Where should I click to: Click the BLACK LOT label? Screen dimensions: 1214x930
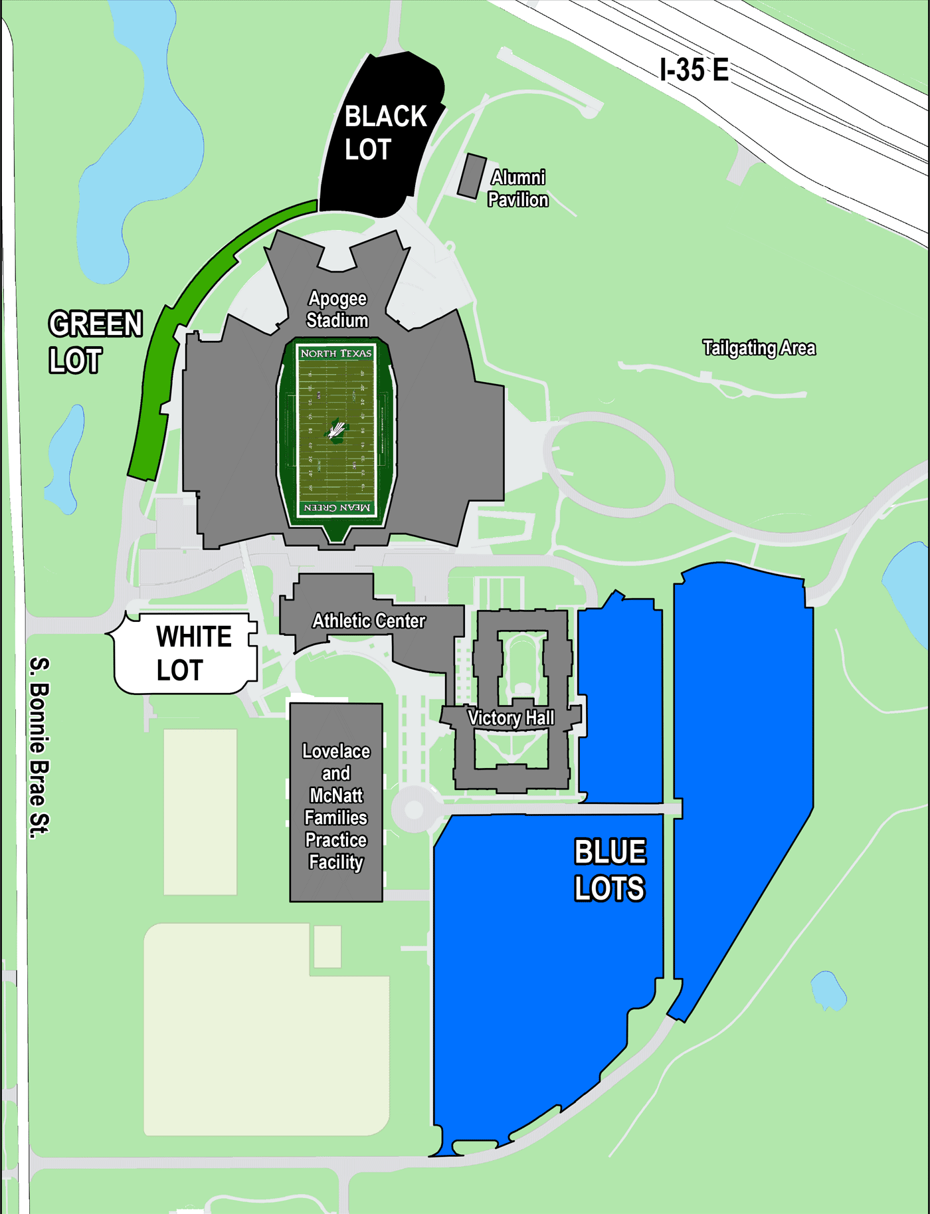tap(385, 133)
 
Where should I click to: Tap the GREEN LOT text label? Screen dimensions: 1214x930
tap(95, 342)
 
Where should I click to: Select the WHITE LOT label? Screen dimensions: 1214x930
tap(193, 653)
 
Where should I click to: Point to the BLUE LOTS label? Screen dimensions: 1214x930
tap(609, 870)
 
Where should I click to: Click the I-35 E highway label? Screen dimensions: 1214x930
tap(694, 70)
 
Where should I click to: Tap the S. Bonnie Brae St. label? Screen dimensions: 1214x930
tap(40, 747)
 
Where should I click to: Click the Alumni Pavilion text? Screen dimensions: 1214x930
tap(517, 189)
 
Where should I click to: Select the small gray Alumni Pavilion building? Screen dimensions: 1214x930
tap(472, 176)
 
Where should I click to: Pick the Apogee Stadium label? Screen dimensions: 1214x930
tap(337, 310)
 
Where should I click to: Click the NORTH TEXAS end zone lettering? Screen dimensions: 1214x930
tap(336, 354)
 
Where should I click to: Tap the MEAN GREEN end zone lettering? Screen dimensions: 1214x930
tap(336, 508)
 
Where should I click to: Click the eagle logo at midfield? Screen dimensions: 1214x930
tap(336, 431)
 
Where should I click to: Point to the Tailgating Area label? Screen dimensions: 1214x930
tap(759, 348)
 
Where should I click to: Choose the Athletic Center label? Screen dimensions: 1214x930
tap(369, 621)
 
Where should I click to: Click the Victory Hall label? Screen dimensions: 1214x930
tap(510, 718)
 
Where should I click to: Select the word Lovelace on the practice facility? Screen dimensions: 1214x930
tap(336, 752)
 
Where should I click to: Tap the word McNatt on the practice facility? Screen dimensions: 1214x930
tap(336, 795)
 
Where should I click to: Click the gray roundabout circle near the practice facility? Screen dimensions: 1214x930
tap(414, 809)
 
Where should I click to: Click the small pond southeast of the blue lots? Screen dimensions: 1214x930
tap(828, 991)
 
